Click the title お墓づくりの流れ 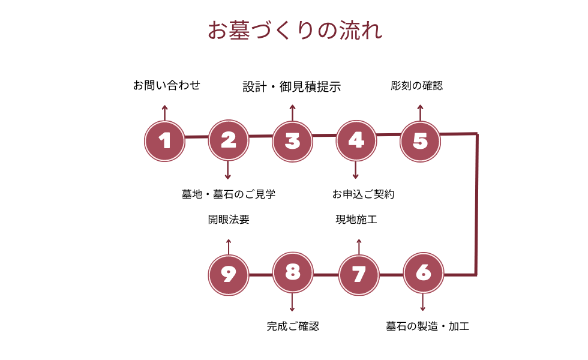(x=295, y=31)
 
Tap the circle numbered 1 (x=164, y=141)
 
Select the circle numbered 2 (x=228, y=140)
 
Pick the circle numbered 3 (x=292, y=141)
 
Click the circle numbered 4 (x=356, y=140)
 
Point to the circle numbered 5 (x=420, y=140)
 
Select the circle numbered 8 (x=292, y=273)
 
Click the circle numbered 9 (x=228, y=274)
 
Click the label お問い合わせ (x=166, y=85)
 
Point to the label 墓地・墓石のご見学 (x=229, y=194)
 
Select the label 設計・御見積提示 (x=292, y=86)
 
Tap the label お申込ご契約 (x=363, y=194)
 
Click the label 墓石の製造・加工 (x=427, y=327)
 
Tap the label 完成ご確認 (x=293, y=327)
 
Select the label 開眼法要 (x=229, y=220)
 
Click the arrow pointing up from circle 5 (x=420, y=112)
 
